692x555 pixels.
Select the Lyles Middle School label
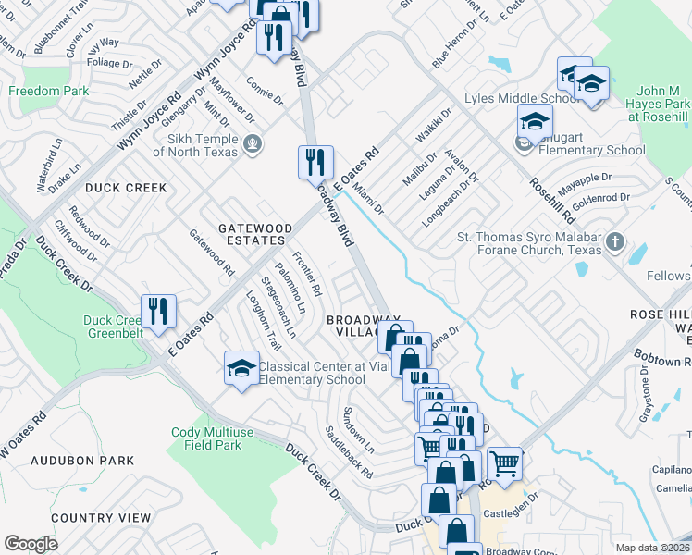526,98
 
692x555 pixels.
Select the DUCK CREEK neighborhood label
126,188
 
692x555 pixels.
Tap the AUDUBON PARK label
82,460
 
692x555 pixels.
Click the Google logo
31,543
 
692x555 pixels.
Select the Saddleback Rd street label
349,452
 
